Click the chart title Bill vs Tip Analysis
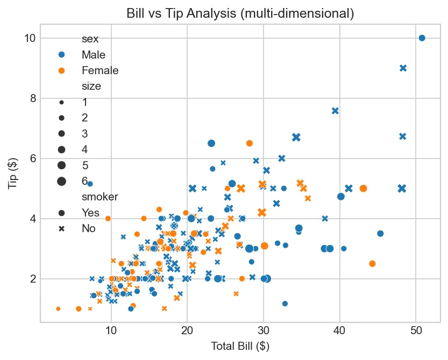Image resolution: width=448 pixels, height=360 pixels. point(240,13)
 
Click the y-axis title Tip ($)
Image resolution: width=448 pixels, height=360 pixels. point(12,174)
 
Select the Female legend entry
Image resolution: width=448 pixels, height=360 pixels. point(99,70)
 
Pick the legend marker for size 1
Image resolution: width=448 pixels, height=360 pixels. point(62,102)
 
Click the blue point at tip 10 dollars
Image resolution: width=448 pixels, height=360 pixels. point(422,38)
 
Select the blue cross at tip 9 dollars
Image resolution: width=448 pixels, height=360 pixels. point(403,68)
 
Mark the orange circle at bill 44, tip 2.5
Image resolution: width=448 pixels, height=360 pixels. point(372,263)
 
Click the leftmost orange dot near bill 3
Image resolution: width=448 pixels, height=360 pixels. point(58,308)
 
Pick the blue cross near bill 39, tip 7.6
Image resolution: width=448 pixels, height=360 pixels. point(335,111)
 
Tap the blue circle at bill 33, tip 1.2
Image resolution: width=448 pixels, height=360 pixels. point(285,304)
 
